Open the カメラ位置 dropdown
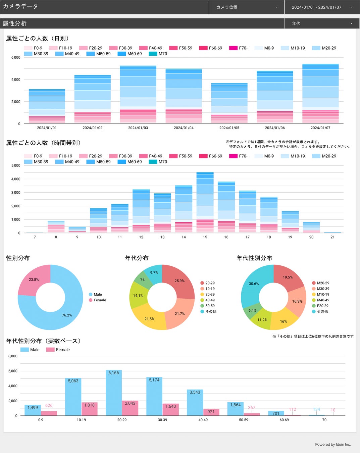point(246,7)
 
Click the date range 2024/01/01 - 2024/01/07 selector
point(322,7)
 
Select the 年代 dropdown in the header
point(322,23)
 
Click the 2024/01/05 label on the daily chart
point(229,128)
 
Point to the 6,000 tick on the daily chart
point(16,57)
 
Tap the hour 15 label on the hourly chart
point(205,237)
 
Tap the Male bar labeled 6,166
point(114,393)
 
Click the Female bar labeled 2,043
point(130,408)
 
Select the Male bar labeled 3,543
point(195,402)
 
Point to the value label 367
point(252,407)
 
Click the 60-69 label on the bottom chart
point(284,420)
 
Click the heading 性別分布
point(18,258)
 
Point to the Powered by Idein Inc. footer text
point(333,444)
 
